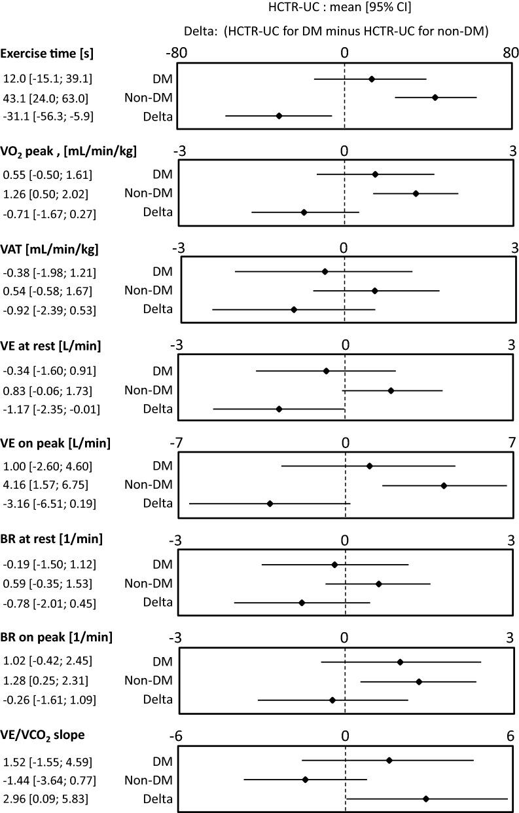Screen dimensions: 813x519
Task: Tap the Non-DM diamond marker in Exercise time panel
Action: click(435, 98)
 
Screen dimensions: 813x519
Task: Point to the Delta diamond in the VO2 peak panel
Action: click(304, 212)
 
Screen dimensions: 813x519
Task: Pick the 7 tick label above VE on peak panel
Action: click(512, 444)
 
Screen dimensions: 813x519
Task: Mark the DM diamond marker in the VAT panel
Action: click(325, 271)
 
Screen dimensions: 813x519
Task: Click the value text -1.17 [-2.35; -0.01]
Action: click(50, 409)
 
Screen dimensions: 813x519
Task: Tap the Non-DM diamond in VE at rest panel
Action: click(391, 390)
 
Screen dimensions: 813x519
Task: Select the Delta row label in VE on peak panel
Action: click(158, 503)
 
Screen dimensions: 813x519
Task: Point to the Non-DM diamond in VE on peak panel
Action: click(444, 485)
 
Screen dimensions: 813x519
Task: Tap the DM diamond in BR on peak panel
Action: click(400, 662)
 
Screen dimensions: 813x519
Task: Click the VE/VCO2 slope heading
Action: click(44, 735)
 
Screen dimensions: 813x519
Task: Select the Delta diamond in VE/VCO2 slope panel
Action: click(426, 799)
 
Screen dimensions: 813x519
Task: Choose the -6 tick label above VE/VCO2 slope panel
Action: click(176, 735)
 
